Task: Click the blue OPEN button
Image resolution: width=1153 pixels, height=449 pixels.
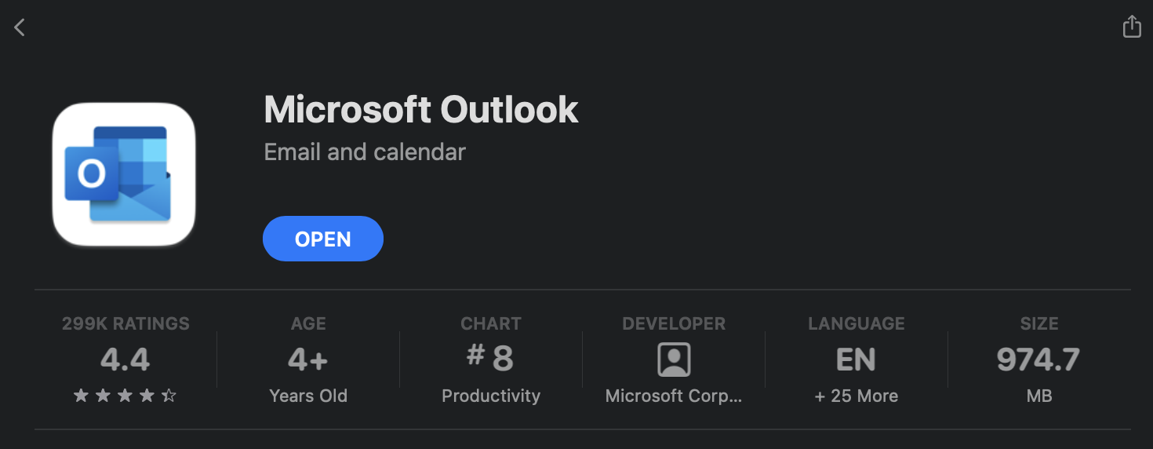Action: click(x=322, y=239)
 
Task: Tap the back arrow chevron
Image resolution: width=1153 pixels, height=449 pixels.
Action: click(x=20, y=27)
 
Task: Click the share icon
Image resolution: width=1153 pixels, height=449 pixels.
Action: click(x=1132, y=26)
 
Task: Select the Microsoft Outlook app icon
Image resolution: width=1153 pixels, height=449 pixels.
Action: click(x=124, y=174)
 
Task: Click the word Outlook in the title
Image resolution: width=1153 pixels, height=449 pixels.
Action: click(x=509, y=110)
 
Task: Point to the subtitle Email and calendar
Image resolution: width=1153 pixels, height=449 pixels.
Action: click(x=365, y=152)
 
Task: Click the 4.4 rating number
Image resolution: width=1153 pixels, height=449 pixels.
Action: click(x=125, y=359)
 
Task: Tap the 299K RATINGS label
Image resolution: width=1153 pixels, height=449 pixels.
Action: click(x=125, y=323)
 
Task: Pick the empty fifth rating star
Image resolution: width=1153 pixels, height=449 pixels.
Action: click(x=169, y=396)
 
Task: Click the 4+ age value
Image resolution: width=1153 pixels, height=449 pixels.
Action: click(x=307, y=359)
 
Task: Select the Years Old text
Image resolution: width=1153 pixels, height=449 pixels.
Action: click(x=307, y=396)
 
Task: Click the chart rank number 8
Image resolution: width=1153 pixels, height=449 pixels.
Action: click(x=503, y=359)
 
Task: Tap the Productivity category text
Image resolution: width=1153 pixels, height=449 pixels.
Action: click(x=491, y=396)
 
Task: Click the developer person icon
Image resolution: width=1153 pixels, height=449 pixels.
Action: click(x=674, y=360)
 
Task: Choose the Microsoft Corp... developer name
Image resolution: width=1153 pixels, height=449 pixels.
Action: click(x=674, y=396)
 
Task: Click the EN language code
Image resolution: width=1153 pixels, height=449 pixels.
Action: click(x=856, y=359)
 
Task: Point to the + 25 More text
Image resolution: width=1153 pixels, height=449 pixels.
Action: click(x=856, y=396)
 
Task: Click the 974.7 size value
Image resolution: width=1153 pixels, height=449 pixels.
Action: click(x=1038, y=359)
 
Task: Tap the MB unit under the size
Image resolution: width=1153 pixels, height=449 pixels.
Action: click(x=1038, y=396)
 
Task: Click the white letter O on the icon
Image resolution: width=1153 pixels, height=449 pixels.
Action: click(x=92, y=173)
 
